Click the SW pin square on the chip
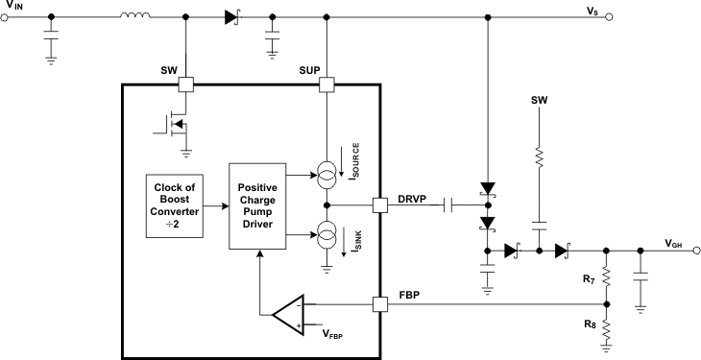click(185, 84)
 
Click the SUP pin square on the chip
click(327, 84)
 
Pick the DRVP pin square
click(380, 204)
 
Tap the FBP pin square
click(380, 304)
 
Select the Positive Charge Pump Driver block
click(260, 204)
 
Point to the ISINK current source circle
click(327, 231)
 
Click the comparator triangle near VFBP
click(288, 314)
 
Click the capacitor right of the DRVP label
click(448, 204)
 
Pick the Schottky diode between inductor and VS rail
click(230, 16)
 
